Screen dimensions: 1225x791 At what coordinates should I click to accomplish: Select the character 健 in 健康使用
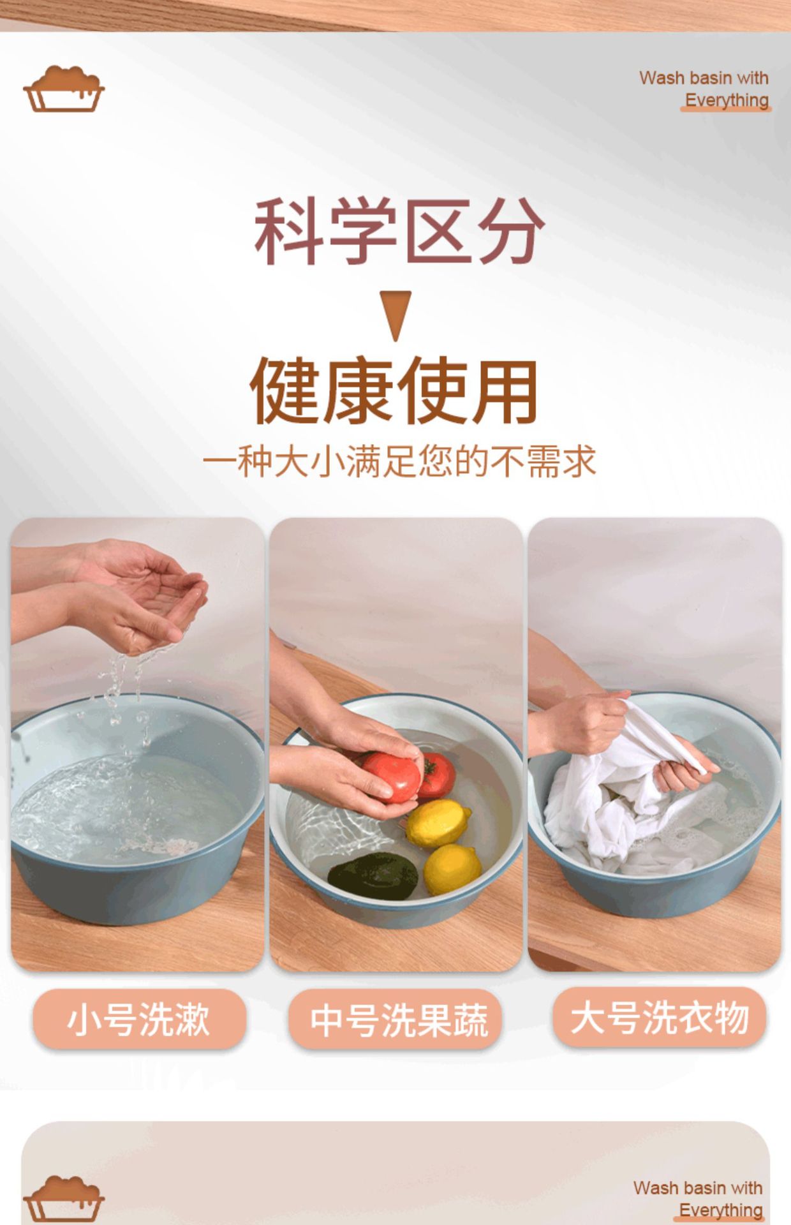(x=285, y=390)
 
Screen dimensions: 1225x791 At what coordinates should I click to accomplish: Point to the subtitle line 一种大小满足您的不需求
(x=399, y=461)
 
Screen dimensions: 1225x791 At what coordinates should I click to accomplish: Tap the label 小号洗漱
(x=138, y=1019)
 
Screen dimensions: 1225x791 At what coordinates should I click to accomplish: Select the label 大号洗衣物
(x=659, y=1017)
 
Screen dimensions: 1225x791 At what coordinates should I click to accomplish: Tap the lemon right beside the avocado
(x=452, y=868)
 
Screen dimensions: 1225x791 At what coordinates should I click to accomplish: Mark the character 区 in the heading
(x=438, y=231)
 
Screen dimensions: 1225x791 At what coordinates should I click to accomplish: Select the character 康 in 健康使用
(x=359, y=390)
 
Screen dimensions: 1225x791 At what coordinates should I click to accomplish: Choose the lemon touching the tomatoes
(x=437, y=822)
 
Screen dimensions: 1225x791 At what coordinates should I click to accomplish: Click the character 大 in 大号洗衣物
(x=587, y=1017)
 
